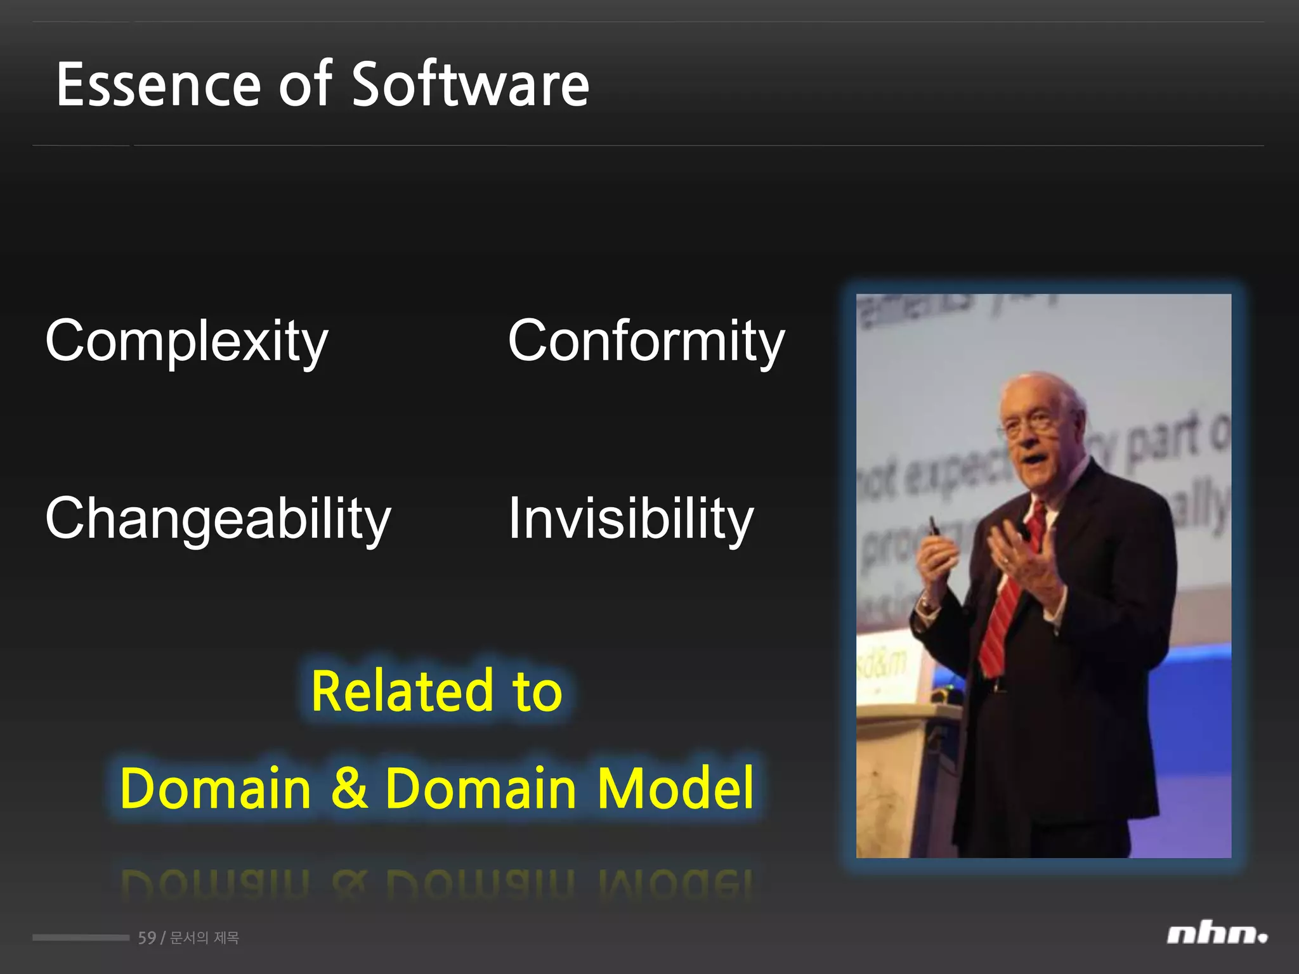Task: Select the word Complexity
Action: [186, 342]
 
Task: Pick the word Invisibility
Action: [630, 520]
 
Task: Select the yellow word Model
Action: [676, 788]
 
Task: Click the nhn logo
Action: [1217, 935]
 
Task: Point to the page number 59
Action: [147, 938]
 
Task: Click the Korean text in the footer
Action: [204, 938]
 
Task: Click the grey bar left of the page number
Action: [81, 937]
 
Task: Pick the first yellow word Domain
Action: [215, 788]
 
